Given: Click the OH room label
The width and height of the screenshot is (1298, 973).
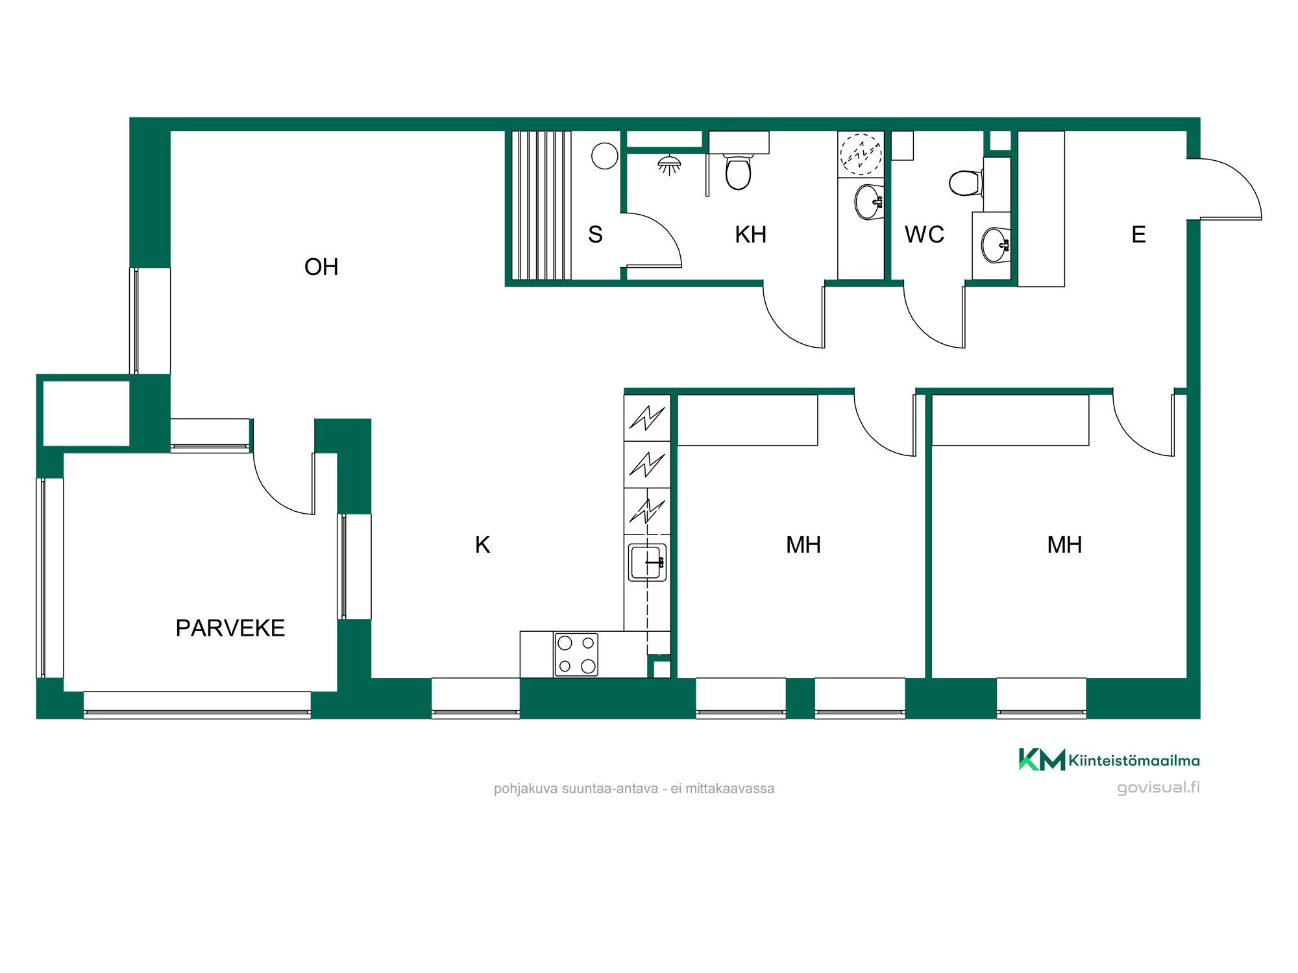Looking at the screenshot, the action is tap(321, 267).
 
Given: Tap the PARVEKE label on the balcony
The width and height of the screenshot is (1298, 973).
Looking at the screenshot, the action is tap(230, 628).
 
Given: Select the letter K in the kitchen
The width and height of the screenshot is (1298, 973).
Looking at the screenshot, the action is tap(482, 545).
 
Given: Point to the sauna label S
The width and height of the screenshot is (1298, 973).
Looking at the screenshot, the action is tap(595, 234).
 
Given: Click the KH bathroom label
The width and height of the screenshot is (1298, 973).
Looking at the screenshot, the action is tap(751, 234).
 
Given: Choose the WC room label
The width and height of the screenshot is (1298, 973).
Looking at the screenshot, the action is tap(924, 234).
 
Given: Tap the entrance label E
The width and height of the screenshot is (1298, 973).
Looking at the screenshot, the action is tap(1138, 234).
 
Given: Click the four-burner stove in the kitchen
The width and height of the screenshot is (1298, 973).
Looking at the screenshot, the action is tap(576, 655).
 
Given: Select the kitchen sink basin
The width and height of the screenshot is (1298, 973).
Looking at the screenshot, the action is tap(647, 562).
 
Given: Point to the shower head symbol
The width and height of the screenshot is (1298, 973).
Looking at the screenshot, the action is tap(669, 165).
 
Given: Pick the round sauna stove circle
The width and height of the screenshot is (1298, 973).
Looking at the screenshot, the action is tap(605, 156).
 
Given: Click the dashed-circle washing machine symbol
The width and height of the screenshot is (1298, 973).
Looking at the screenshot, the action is tap(861, 154).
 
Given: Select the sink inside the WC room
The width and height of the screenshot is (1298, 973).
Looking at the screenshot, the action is tap(996, 245).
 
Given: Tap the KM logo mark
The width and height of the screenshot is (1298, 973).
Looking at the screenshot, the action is tap(1042, 760).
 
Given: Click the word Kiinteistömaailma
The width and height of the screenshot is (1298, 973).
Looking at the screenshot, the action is tap(1134, 760).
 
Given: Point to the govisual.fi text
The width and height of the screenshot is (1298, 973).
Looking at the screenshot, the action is tap(1158, 787).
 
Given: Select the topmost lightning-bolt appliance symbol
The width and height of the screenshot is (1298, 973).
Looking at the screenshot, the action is tap(647, 418).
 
